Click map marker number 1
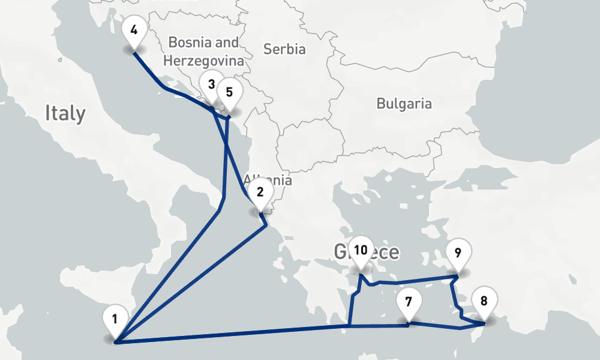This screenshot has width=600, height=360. (115, 319)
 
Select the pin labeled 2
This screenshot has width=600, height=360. (260, 192)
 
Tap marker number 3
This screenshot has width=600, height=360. (211, 85)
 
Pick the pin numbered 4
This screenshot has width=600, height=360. (133, 29)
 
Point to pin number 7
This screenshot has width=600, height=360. (409, 302)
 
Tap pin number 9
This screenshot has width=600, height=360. (458, 253)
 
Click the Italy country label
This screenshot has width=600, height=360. (65, 113)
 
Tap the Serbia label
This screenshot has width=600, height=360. (284, 49)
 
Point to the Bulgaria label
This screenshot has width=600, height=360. (404, 103)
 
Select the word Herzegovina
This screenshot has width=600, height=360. (203, 61)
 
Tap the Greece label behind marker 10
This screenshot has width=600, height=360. (384, 252)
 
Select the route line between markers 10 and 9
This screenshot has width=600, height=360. (420, 280)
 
